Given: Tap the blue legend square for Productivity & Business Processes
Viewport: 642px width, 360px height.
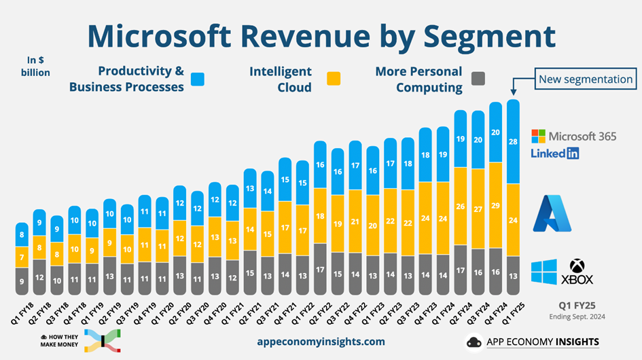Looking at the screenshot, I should (x=197, y=79).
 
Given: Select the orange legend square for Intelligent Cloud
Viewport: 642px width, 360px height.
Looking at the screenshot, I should (x=333, y=79).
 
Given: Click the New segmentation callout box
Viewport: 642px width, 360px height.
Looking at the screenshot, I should (x=585, y=79).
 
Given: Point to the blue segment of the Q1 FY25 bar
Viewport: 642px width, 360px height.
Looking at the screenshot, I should (x=514, y=141).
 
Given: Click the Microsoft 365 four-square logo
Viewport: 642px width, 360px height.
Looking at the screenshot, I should (x=538, y=137).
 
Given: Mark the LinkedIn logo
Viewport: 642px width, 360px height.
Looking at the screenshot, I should (x=554, y=153).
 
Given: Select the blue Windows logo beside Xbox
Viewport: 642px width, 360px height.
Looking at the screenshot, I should (x=544, y=272).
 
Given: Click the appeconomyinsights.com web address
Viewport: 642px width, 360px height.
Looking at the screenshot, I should (x=321, y=342).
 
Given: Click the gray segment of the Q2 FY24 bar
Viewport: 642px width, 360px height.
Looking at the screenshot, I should (x=461, y=270).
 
